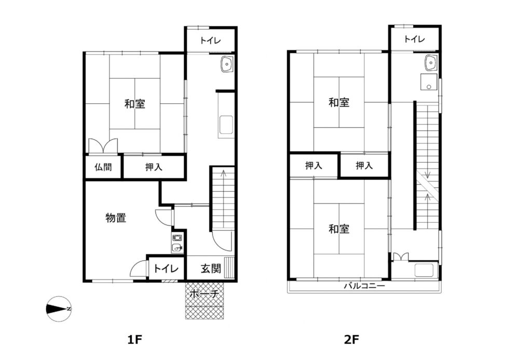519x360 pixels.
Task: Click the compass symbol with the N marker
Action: click(59, 309)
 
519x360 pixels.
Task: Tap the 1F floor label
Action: click(135, 339)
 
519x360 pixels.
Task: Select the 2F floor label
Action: click(351, 339)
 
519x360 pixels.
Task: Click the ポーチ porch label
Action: click(204, 294)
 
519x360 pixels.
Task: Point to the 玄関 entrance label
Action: click(211, 268)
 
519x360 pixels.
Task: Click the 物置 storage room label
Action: click(116, 218)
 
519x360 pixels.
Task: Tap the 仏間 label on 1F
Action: click(103, 167)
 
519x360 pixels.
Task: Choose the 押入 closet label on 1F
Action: click(154, 167)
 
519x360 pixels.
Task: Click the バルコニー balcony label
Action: click(364, 286)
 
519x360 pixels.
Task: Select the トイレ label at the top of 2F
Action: click(414, 39)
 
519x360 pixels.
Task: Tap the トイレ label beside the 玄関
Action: click(166, 269)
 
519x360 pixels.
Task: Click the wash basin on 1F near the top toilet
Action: click(227, 63)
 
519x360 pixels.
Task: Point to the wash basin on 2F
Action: click(431, 62)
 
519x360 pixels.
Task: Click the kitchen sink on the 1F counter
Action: click(226, 125)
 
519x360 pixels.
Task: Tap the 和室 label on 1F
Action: click(135, 104)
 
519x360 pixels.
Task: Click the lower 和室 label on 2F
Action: click(339, 229)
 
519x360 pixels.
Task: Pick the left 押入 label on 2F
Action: click(313, 165)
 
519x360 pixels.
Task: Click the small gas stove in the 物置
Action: click(177, 237)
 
